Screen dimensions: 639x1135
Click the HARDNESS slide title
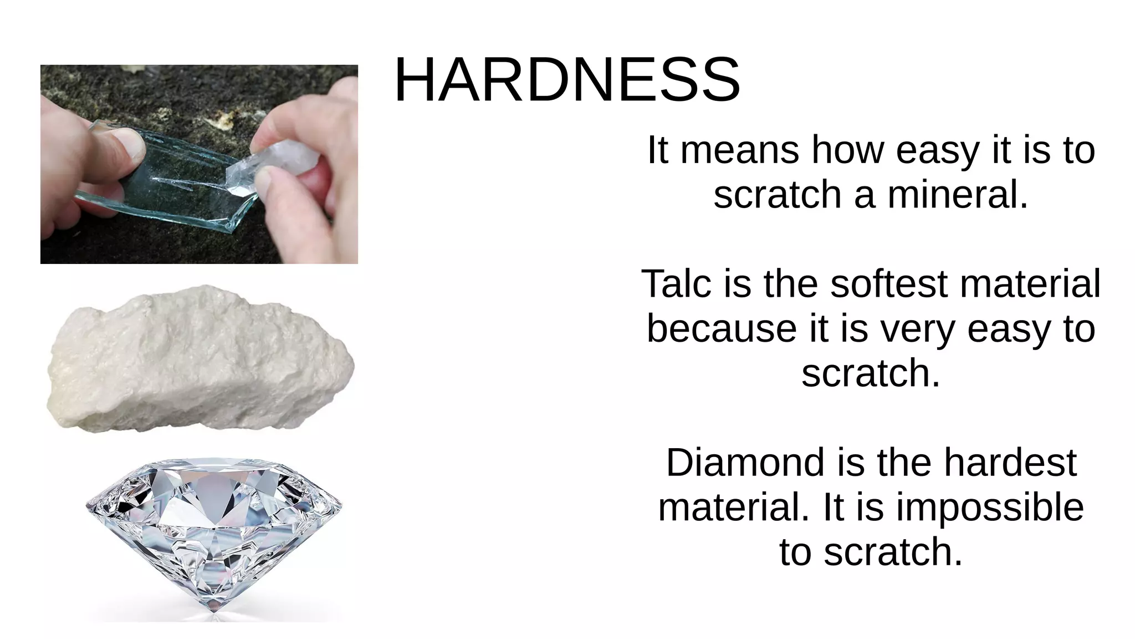566,80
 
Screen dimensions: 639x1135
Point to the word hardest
1010,463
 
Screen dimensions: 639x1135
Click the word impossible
990,507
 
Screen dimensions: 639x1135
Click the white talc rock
200,361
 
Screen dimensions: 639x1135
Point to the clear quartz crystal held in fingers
272,166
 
